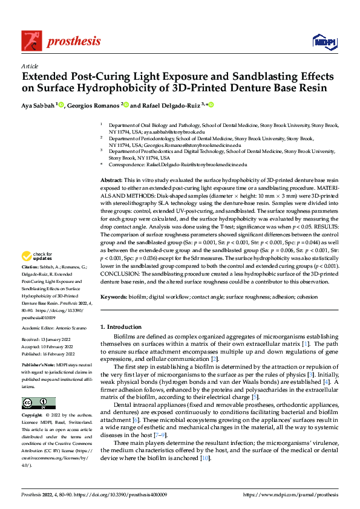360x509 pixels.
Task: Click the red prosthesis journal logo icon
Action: point(30,41)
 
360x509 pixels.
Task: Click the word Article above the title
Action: point(30,66)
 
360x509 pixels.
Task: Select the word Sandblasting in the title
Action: point(218,77)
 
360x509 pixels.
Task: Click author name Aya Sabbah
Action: point(38,105)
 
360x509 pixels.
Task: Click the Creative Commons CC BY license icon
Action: point(39,403)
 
